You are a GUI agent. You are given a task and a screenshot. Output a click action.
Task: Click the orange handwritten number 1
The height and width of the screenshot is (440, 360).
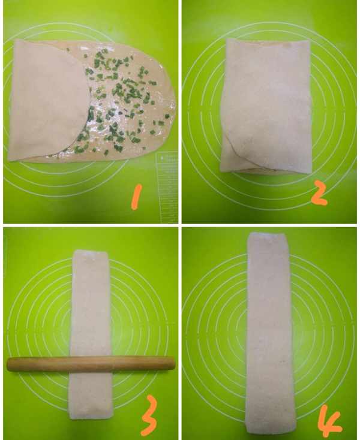coord(136,196)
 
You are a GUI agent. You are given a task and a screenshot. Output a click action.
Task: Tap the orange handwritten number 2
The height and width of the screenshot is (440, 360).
coord(319,192)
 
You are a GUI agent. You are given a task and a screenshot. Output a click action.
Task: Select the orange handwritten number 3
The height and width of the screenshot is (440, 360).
coord(149,415)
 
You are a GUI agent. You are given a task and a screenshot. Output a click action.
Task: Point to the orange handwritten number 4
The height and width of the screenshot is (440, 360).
coord(331,420)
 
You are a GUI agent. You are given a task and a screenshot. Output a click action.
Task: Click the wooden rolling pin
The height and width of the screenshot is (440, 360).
coord(91,364)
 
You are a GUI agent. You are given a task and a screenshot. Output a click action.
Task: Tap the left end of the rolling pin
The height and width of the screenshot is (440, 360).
coord(8,364)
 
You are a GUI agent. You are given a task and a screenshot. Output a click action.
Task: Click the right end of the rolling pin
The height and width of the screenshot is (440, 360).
coord(175,363)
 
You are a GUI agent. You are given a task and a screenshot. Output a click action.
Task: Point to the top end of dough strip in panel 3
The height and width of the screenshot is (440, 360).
coord(91,251)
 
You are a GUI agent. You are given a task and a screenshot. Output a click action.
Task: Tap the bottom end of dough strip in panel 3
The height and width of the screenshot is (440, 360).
coord(91,418)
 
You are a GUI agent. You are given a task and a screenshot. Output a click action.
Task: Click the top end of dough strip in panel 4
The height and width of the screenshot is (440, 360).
coord(268,233)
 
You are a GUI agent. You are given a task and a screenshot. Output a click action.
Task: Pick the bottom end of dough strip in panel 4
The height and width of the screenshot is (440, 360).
coord(270,433)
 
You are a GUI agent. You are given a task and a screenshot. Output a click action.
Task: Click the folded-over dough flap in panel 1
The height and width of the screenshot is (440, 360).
coord(48,101)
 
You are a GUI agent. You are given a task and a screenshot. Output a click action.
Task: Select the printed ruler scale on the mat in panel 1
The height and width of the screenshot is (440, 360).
coord(167,187)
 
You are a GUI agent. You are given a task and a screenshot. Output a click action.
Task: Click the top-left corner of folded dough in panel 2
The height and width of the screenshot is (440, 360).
coord(227,39)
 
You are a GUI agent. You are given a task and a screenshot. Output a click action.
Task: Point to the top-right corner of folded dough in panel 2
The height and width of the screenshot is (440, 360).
coord(308,41)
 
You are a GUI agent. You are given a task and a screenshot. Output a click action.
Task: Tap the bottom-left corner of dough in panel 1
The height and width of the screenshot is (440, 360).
coord(9,161)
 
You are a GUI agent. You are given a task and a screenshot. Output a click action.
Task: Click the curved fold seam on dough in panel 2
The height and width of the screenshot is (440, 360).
coord(247,159)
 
